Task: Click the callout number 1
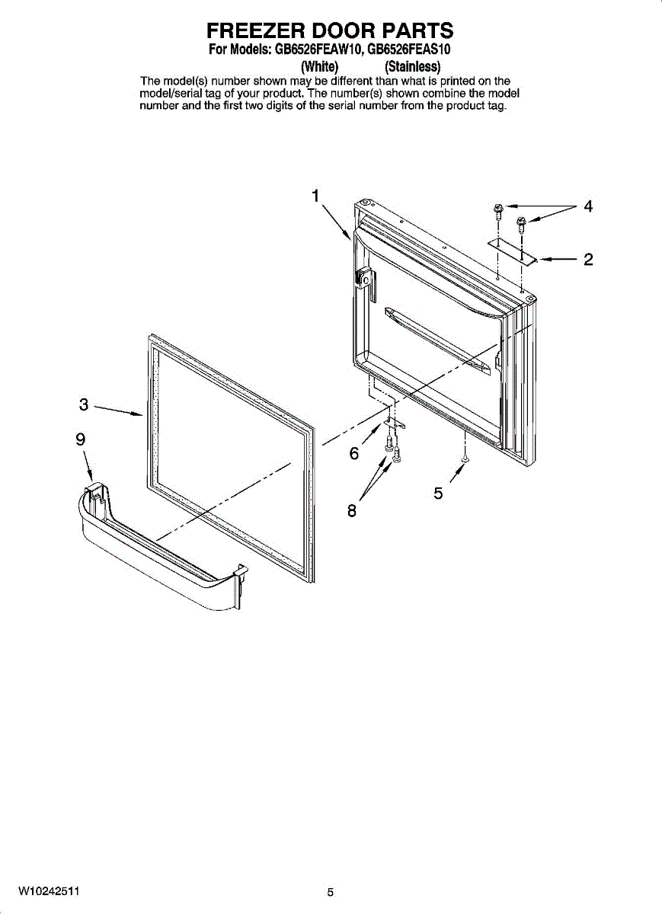coord(315,196)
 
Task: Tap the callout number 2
coord(587,260)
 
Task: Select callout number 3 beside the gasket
coord(84,404)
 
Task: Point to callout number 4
coord(587,206)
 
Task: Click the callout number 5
coord(438,494)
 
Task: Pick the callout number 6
coord(354,454)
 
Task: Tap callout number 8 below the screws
coord(352,511)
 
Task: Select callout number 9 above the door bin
coord(80,439)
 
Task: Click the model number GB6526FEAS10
coord(410,50)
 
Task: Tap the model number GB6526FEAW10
coord(314,50)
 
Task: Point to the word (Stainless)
coord(414,66)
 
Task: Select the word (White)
coord(321,66)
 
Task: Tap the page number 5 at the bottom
coord(331,892)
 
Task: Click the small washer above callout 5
coord(464,460)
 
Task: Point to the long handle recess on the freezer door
coord(438,340)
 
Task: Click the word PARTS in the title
coord(418,30)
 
